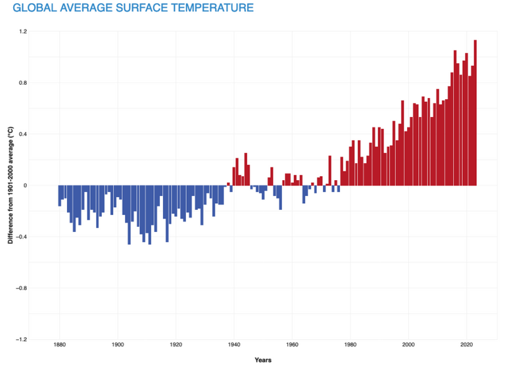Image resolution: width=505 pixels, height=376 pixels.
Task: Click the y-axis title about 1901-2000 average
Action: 11,185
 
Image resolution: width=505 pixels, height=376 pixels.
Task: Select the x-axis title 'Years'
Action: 263,360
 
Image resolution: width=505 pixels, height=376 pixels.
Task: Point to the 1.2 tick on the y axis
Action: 23,32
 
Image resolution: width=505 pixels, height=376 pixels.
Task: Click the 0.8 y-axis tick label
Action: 23,83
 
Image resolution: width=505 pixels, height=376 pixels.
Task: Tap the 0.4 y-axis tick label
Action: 23,134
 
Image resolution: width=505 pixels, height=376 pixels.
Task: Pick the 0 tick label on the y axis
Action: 25,185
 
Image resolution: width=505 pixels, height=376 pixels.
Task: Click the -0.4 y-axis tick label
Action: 22,237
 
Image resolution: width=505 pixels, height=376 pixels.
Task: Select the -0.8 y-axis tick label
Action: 22,288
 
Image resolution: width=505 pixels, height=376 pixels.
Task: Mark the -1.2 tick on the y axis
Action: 22,339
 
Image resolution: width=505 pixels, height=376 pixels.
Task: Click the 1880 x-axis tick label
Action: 59,345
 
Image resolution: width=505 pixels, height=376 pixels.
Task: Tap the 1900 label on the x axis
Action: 118,345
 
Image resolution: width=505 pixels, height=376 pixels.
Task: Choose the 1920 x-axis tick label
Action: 176,345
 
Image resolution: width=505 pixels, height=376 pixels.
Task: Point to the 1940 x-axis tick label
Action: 234,345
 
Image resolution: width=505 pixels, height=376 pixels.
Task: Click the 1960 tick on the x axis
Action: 292,345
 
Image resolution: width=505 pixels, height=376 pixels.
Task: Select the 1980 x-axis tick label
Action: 350,345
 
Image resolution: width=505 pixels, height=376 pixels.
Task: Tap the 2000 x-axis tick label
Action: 408,345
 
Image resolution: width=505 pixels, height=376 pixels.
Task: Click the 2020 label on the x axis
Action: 467,345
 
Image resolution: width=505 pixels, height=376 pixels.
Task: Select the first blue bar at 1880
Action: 60,196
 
